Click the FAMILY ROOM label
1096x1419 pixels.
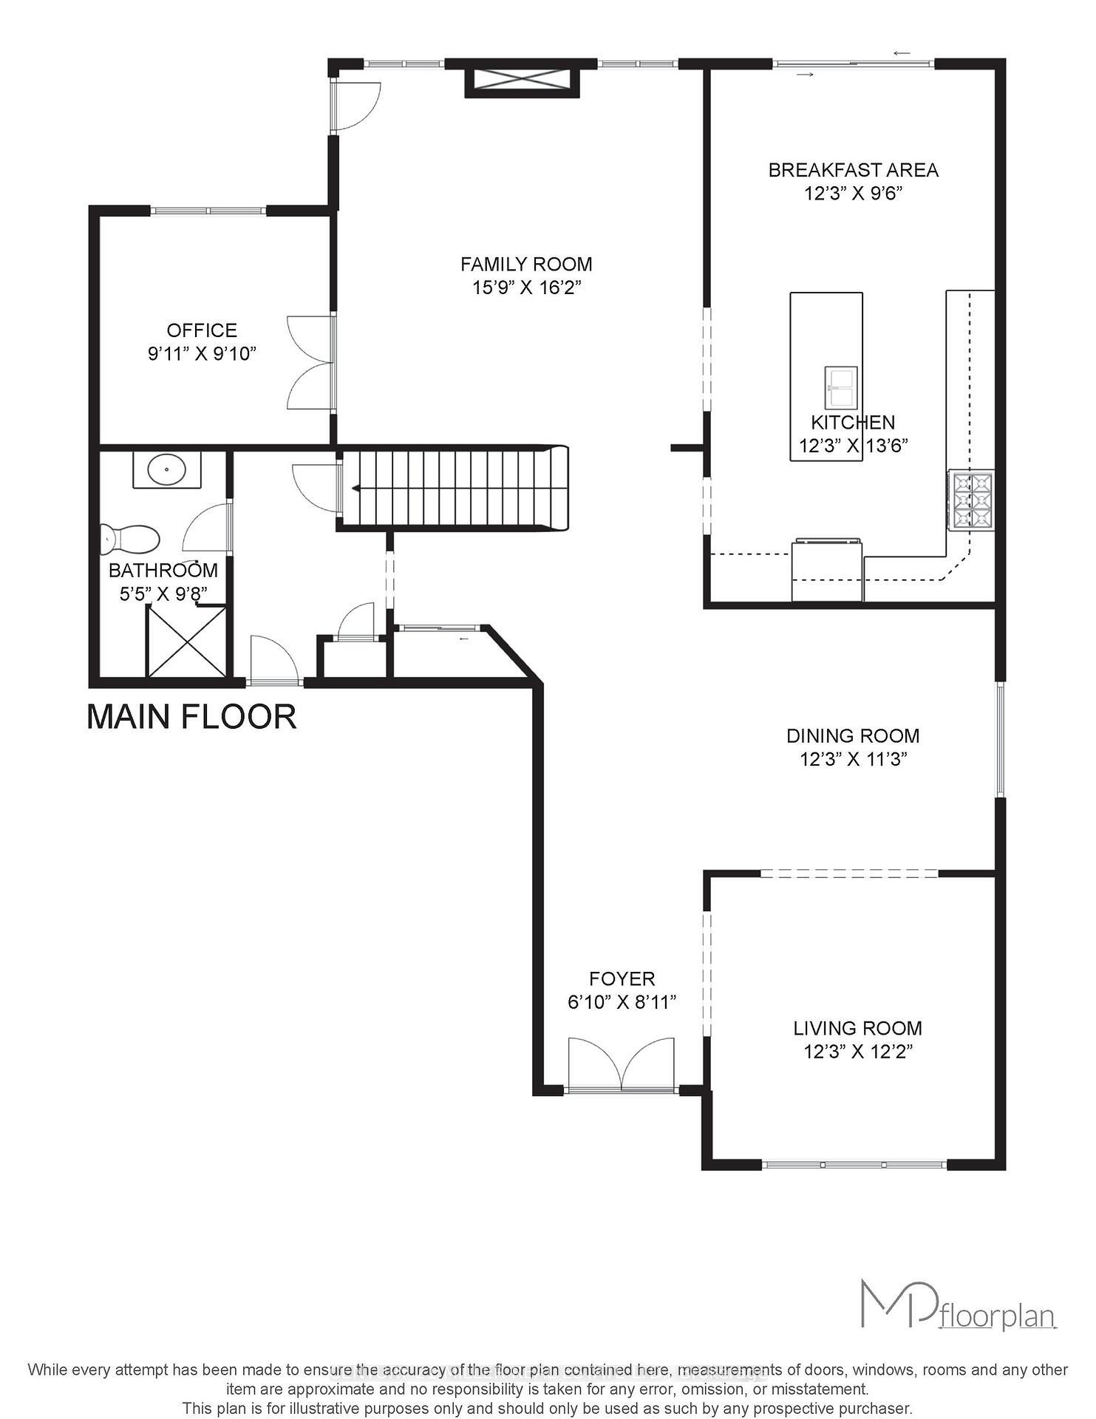tap(526, 264)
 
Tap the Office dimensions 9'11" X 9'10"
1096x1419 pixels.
tap(202, 354)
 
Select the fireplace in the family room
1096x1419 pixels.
tap(523, 79)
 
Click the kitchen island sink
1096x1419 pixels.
tap(841, 387)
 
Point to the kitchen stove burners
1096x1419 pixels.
tap(971, 500)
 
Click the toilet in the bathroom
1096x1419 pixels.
tap(130, 540)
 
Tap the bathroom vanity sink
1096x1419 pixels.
tap(167, 469)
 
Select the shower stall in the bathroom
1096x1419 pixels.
tap(186, 641)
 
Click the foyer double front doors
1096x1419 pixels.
tap(622, 1065)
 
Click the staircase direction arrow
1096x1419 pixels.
tap(356, 488)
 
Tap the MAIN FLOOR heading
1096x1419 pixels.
tap(191, 717)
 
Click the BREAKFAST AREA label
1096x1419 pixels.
tap(853, 170)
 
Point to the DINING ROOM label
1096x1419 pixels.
tap(852, 735)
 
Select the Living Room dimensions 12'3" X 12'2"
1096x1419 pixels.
tap(857, 1052)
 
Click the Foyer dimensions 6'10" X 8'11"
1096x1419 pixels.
tap(622, 1002)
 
